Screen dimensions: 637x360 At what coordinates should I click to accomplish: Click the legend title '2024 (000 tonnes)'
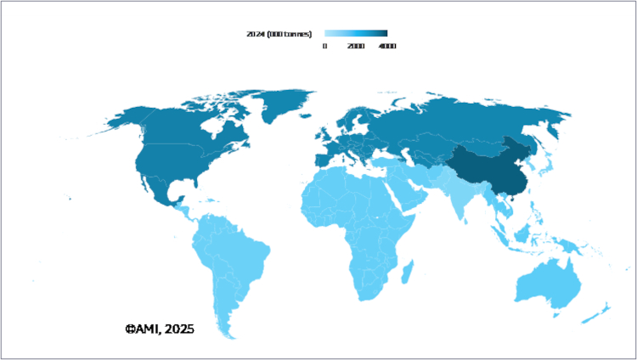277,34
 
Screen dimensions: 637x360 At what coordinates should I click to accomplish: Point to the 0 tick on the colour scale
324,46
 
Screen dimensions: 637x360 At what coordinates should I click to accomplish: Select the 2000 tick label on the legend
357,46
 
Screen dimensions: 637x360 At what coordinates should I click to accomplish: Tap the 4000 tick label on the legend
386,46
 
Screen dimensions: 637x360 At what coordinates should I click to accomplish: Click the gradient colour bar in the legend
356,34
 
